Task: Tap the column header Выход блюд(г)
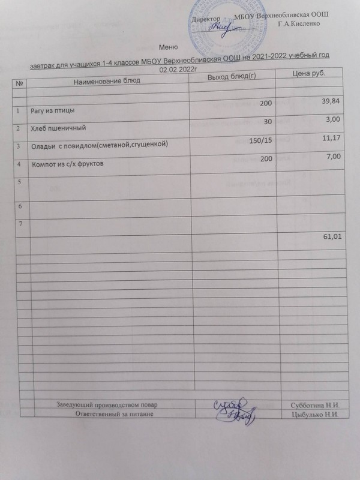pyautogui.click(x=231, y=79)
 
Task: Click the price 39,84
pyautogui.click(x=331, y=103)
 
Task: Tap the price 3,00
pyautogui.click(x=333, y=120)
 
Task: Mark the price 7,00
pyautogui.click(x=334, y=157)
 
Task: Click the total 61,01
pyautogui.click(x=332, y=238)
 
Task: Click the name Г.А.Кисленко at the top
pyautogui.click(x=299, y=23)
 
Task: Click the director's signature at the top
pyautogui.click(x=220, y=27)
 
